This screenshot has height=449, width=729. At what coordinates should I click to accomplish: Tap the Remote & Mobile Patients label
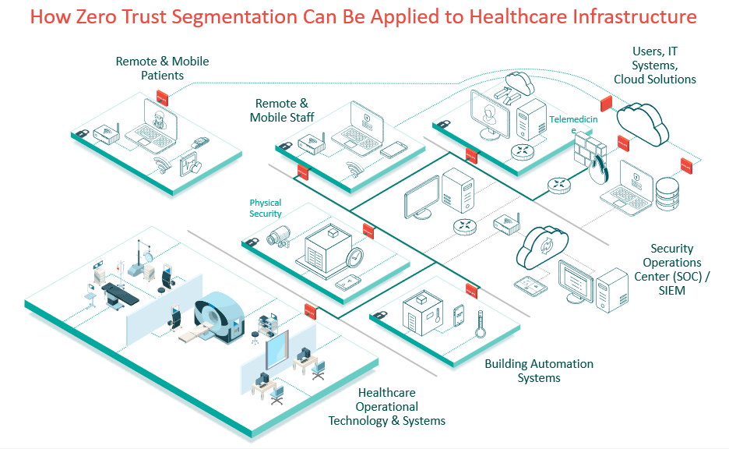(x=162, y=68)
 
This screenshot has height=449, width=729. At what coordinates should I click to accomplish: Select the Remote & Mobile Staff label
(x=279, y=110)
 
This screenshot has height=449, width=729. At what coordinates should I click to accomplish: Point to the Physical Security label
(x=266, y=208)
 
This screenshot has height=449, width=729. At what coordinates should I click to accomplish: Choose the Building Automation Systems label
(x=538, y=370)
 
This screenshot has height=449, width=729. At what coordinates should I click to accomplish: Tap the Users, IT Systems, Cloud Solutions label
(x=654, y=65)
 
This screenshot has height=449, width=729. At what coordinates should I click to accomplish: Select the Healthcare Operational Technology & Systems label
(x=386, y=406)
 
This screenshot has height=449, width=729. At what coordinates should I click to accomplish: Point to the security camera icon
(x=278, y=235)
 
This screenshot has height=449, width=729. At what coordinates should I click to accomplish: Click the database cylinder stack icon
(x=667, y=194)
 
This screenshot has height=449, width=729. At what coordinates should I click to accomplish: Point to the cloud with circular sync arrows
(x=542, y=246)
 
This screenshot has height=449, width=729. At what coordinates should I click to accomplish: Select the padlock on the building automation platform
(x=381, y=314)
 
